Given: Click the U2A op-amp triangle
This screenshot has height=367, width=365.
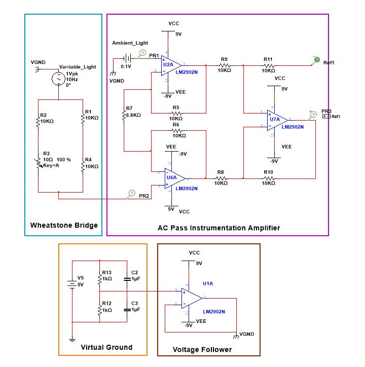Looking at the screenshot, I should click(x=170, y=65).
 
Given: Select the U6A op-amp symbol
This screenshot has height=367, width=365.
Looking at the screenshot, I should click(x=174, y=178).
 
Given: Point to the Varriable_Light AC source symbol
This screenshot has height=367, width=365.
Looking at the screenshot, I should click(x=59, y=80).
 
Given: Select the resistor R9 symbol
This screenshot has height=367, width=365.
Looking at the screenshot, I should click(x=225, y=65).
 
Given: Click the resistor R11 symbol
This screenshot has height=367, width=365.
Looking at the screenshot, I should click(x=268, y=65).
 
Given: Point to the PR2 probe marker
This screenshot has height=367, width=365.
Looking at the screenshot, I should click(x=131, y=193).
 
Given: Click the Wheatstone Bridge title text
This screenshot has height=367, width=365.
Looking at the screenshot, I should click(x=64, y=225).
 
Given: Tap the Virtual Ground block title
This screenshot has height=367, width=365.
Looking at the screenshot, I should click(x=106, y=347).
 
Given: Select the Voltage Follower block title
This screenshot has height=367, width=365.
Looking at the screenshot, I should click(x=202, y=349).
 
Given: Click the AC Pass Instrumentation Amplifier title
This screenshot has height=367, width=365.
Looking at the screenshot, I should click(x=219, y=228).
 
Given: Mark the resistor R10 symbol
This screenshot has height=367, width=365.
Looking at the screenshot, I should click(x=268, y=178).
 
